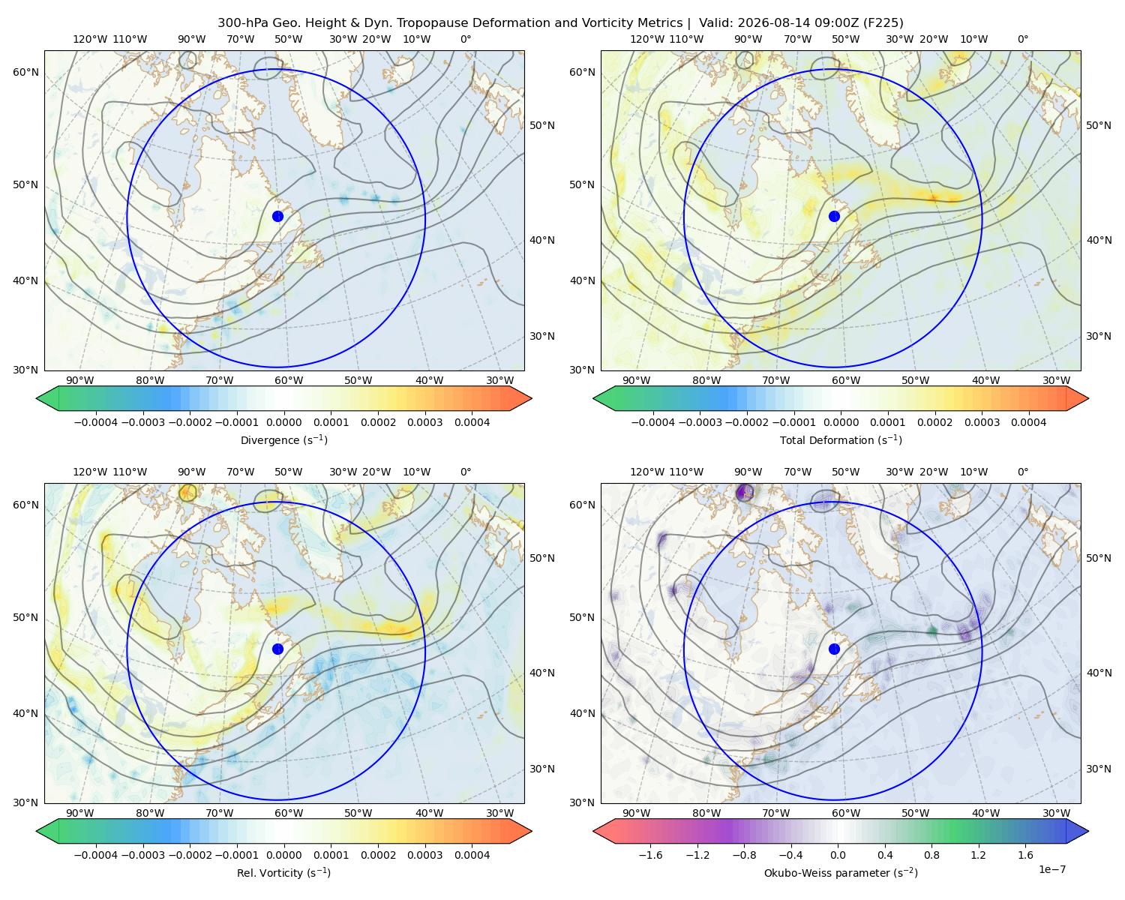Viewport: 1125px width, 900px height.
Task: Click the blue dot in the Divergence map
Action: point(277,217)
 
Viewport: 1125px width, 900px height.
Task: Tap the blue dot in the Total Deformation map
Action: point(834,217)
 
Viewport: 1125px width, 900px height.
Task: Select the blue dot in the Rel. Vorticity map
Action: point(277,649)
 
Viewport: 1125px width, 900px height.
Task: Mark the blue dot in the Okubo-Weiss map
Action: point(834,649)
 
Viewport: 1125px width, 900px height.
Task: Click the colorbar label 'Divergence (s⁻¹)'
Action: point(283,440)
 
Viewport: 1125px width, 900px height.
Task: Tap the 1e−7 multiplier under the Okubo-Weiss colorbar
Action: point(1051,870)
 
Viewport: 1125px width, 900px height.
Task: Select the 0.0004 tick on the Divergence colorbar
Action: point(472,422)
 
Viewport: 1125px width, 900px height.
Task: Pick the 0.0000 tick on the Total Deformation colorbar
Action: point(841,422)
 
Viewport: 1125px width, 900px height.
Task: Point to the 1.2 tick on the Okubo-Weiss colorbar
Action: point(978,855)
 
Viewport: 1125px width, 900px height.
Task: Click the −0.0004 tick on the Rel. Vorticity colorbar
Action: point(96,855)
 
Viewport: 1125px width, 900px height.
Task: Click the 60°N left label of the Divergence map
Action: point(25,72)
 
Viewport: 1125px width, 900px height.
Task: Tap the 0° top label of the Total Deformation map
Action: point(1023,39)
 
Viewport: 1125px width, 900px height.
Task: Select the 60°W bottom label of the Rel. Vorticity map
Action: point(289,813)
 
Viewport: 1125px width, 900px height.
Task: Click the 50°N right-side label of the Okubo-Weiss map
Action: point(1099,558)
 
